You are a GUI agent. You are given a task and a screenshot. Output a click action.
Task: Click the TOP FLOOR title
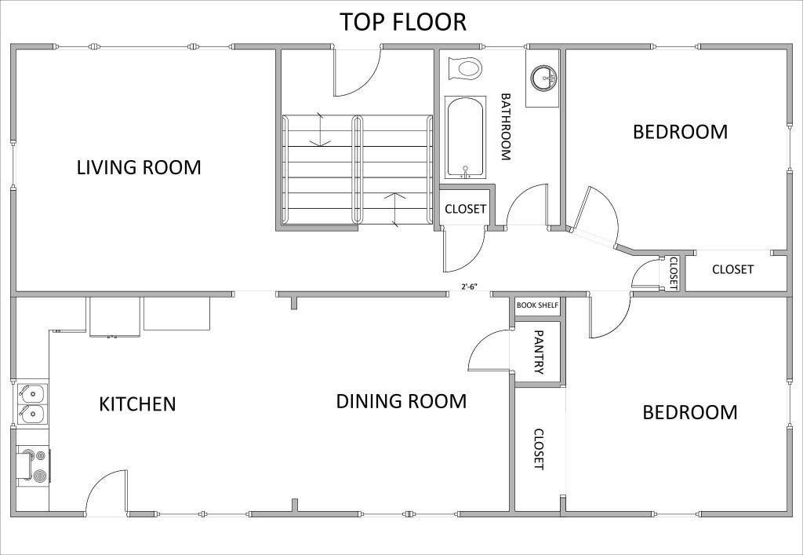tap(403, 22)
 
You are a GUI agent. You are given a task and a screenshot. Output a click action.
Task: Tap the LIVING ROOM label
tap(139, 167)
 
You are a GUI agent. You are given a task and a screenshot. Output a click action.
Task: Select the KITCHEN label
tap(137, 403)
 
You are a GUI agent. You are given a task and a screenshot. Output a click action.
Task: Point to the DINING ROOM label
tap(401, 401)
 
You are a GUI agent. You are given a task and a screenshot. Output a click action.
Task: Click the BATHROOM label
tap(506, 126)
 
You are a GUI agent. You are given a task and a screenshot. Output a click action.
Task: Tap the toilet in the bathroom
tap(465, 68)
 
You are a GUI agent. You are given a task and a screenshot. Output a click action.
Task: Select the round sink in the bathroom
tap(543, 78)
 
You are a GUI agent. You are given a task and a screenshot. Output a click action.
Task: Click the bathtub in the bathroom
tap(465, 137)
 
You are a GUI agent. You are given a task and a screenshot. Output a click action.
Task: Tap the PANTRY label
tap(538, 352)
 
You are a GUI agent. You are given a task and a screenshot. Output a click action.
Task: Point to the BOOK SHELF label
tap(536, 305)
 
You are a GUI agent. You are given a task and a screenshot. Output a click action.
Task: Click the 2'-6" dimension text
tap(469, 287)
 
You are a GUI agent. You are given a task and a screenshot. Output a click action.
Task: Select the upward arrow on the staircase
tap(394, 209)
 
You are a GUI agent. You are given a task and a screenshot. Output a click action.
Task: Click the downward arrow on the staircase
tap(321, 130)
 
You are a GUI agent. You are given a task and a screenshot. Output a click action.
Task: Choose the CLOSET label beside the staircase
tap(465, 209)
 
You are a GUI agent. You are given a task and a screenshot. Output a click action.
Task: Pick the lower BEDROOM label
tap(690, 413)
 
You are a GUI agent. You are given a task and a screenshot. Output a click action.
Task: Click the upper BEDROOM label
tap(680, 132)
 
